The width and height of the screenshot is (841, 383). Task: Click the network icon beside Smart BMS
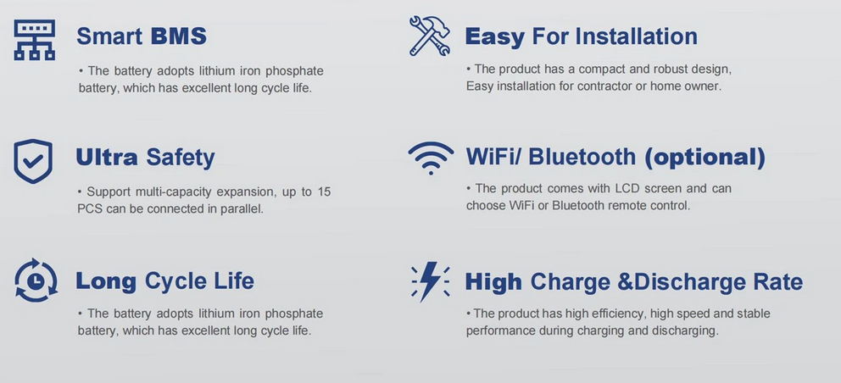tap(34, 40)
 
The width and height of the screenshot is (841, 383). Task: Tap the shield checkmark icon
tap(33, 161)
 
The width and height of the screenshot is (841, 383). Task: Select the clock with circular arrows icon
tap(36, 280)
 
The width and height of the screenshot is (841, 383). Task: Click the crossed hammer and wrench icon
tap(429, 36)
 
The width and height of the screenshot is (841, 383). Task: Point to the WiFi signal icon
tap(431, 158)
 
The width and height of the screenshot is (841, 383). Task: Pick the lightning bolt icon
tap(430, 281)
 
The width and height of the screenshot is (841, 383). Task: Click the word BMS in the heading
tap(179, 36)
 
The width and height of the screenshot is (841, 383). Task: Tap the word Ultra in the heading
tap(107, 157)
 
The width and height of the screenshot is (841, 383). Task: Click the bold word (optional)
tap(705, 157)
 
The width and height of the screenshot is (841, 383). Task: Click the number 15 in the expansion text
tap(323, 191)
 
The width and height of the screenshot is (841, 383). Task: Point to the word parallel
tap(242, 208)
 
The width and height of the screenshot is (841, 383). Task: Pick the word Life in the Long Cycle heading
tap(237, 280)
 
